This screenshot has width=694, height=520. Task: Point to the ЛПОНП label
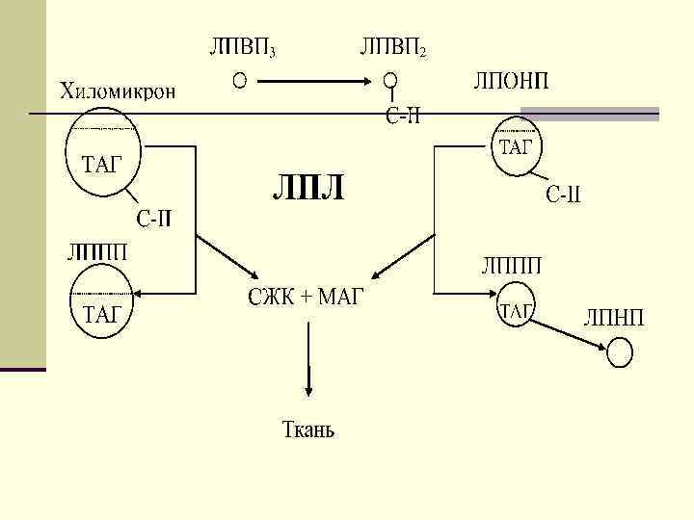pos(511,80)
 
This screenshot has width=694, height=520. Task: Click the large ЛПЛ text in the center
pos(307,189)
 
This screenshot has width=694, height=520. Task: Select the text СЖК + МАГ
pos(306,296)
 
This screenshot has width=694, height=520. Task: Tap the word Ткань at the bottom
pos(307,429)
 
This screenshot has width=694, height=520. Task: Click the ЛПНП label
pos(614,318)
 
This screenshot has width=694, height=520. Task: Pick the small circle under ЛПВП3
pos(239,80)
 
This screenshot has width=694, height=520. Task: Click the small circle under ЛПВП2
pos(389,81)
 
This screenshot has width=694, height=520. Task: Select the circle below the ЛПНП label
pos(621,353)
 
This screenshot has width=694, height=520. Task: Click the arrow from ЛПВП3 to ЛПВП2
pos(314,81)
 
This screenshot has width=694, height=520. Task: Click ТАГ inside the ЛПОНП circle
pos(516,147)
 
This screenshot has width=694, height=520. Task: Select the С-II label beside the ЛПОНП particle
pos(564,197)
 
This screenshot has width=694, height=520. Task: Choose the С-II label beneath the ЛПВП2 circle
pos(403,117)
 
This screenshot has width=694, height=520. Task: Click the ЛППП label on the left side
pos(96,253)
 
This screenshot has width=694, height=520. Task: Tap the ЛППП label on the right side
pos(511,265)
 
